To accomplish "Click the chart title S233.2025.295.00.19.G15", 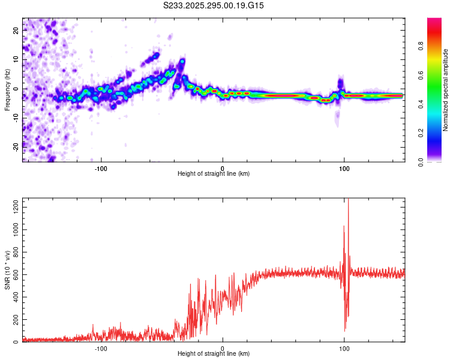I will pyautogui.click(x=214, y=5).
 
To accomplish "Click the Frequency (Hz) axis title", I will pyautogui.click(x=7, y=89).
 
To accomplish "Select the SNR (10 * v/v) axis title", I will pyautogui.click(x=7, y=271).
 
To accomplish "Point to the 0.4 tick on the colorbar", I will pyautogui.click(x=436, y=103).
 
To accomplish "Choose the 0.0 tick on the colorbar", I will pyautogui.click(x=436, y=161).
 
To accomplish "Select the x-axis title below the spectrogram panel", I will pyautogui.click(x=214, y=174).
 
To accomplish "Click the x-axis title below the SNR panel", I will pyautogui.click(x=214, y=355).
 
